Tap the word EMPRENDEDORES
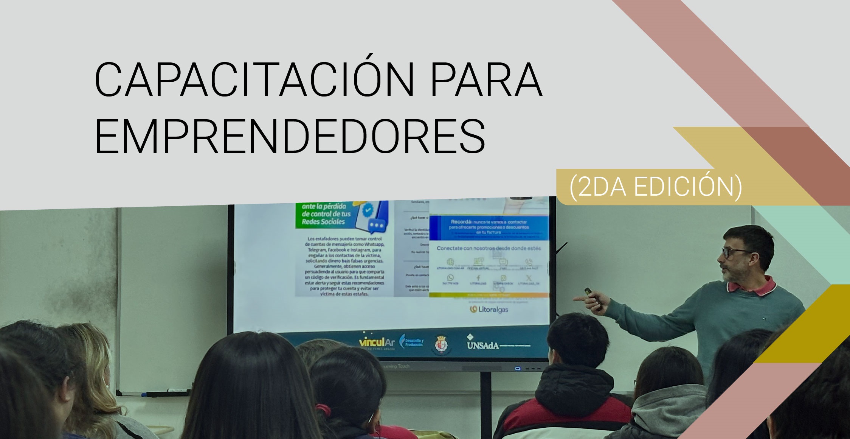coord(290,136)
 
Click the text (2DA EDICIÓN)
coord(656,187)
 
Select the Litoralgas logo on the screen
coord(489,310)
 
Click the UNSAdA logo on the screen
coord(483,344)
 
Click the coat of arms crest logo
coord(441,344)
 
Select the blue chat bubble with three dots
coord(377,226)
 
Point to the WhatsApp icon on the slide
coord(450,278)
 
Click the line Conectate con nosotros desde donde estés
coord(489,248)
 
